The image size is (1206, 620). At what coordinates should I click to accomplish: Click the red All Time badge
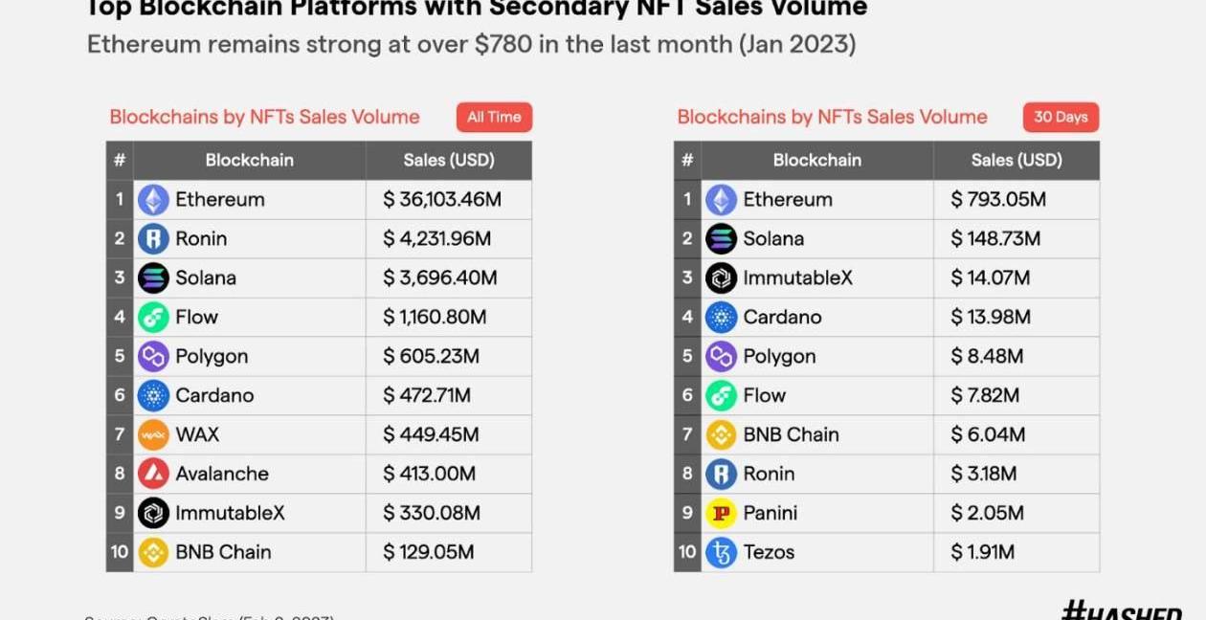tap(494, 117)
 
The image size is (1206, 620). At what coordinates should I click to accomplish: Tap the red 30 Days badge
tap(1061, 117)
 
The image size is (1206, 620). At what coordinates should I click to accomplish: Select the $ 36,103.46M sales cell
tap(442, 200)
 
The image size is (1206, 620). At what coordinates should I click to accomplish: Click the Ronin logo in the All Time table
tap(153, 238)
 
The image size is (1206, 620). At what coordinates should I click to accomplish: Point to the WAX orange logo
tap(153, 434)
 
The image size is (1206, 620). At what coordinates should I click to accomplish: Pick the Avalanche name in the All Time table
tap(222, 474)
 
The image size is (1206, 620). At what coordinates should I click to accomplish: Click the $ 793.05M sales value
tap(998, 200)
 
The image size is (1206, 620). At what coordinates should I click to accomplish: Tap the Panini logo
tap(721, 513)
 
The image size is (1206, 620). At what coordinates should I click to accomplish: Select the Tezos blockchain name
tap(769, 552)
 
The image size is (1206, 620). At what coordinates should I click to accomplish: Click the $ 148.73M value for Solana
tap(995, 239)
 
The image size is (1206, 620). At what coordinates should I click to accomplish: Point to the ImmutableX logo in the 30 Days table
tap(721, 278)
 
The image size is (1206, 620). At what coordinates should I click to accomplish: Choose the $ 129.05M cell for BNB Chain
tap(429, 552)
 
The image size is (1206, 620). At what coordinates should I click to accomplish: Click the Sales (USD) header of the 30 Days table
tap(1016, 160)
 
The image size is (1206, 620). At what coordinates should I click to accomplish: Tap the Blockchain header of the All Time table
tap(249, 160)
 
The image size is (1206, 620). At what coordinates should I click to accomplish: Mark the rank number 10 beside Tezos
tap(687, 552)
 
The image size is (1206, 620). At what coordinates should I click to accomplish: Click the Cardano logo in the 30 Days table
tap(721, 317)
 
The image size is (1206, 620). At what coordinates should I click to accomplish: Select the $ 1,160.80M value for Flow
tap(435, 317)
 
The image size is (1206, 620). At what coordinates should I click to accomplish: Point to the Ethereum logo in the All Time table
tap(153, 200)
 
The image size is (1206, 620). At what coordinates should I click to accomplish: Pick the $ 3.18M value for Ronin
tap(984, 474)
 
